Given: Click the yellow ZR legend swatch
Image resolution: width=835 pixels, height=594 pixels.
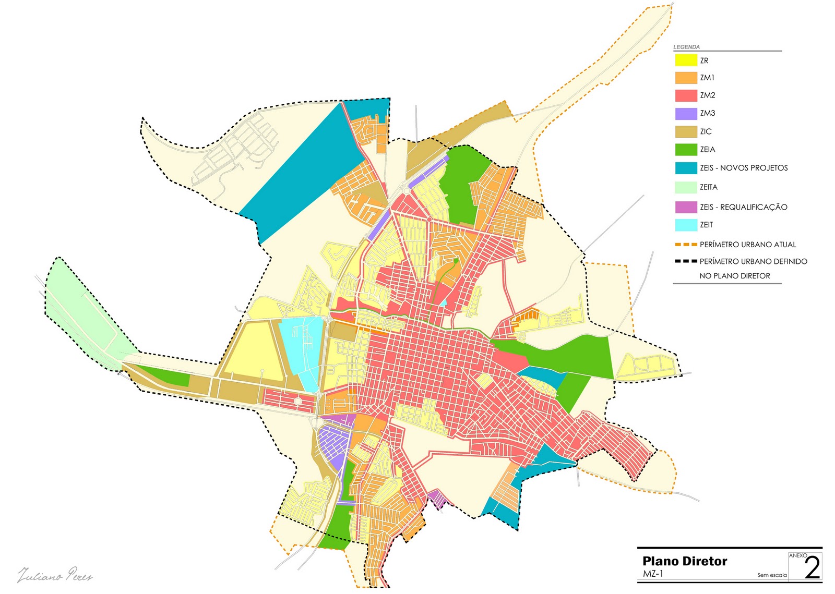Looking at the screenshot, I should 686,60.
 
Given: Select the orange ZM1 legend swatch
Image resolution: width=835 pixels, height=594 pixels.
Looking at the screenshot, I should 686,78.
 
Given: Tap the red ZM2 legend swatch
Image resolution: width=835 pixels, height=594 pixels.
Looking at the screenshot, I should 686,95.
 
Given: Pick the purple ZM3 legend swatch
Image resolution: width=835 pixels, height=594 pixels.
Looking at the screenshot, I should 686,114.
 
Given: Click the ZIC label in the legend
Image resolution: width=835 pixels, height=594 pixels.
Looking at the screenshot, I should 706,131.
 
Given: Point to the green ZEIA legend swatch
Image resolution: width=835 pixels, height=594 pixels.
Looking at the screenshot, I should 686,150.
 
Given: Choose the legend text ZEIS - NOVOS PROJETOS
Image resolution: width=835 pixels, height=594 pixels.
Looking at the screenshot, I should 744,168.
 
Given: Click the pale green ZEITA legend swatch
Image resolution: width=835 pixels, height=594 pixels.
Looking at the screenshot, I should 686,187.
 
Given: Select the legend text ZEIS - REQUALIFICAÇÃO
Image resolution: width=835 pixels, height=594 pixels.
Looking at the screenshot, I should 743,207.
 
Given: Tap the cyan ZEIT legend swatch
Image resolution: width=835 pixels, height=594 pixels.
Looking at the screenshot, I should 686,225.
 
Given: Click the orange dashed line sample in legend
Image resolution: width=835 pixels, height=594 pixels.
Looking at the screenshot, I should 686,245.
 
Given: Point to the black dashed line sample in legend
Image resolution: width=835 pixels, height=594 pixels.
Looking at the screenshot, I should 686,261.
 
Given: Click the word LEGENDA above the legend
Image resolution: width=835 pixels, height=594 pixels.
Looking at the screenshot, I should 686,47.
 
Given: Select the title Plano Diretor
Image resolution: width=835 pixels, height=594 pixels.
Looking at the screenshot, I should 685,561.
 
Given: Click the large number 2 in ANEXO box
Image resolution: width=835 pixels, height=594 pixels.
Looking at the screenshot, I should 812,568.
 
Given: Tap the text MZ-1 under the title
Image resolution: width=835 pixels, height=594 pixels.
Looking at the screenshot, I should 653,574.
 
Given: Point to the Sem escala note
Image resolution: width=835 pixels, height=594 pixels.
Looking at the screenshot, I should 772,575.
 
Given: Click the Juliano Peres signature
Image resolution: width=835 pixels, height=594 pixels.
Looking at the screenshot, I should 55,575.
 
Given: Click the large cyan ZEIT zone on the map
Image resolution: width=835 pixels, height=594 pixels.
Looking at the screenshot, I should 302,349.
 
